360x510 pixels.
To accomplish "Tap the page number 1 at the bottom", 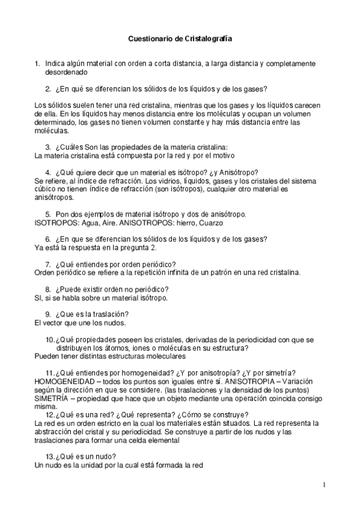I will (323, 485).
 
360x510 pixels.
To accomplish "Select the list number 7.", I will (47, 264).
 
